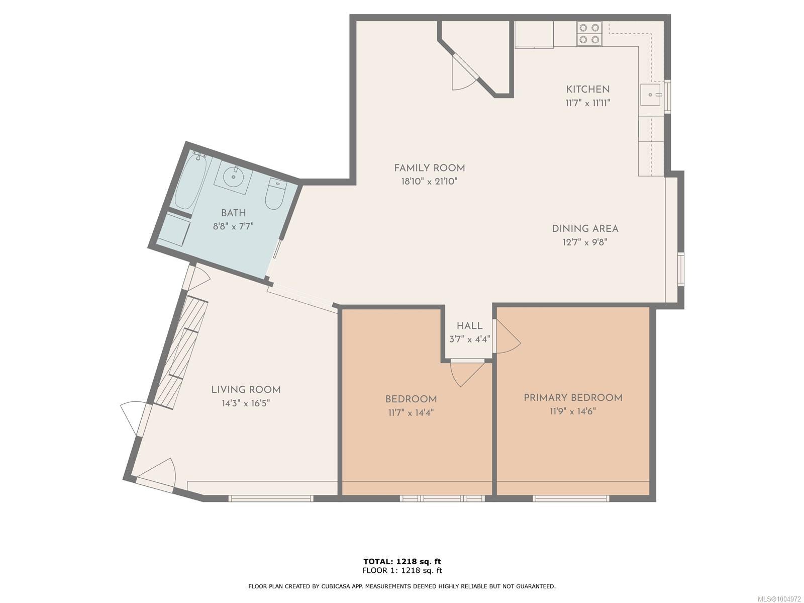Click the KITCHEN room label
click(587, 89)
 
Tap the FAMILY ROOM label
click(429, 168)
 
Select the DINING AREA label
click(585, 229)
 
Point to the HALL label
click(469, 325)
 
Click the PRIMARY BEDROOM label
click(573, 398)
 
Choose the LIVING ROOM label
click(246, 390)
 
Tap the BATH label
click(233, 213)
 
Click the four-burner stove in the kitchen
click(589, 33)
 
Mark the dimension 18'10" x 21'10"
click(429, 181)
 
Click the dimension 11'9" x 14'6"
click(573, 411)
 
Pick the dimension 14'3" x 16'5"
click(246, 403)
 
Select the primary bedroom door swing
click(507, 336)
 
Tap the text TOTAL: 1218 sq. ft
click(402, 561)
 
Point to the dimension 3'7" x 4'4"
click(469, 339)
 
